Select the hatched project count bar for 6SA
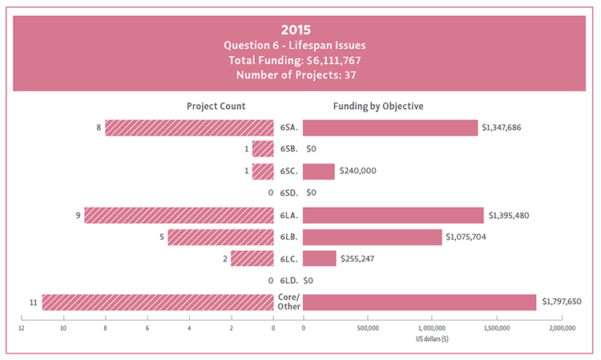(189, 127)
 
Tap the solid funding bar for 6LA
(393, 215)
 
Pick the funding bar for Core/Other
(419, 301)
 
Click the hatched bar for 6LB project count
(220, 237)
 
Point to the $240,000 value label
(357, 171)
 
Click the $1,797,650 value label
(565, 301)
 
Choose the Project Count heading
(216, 106)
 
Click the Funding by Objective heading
(378, 106)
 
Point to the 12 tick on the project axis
(22, 329)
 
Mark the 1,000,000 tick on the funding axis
(432, 329)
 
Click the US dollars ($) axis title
(432, 339)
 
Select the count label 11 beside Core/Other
(33, 301)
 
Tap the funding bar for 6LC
(320, 258)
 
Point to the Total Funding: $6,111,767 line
(300, 59)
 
